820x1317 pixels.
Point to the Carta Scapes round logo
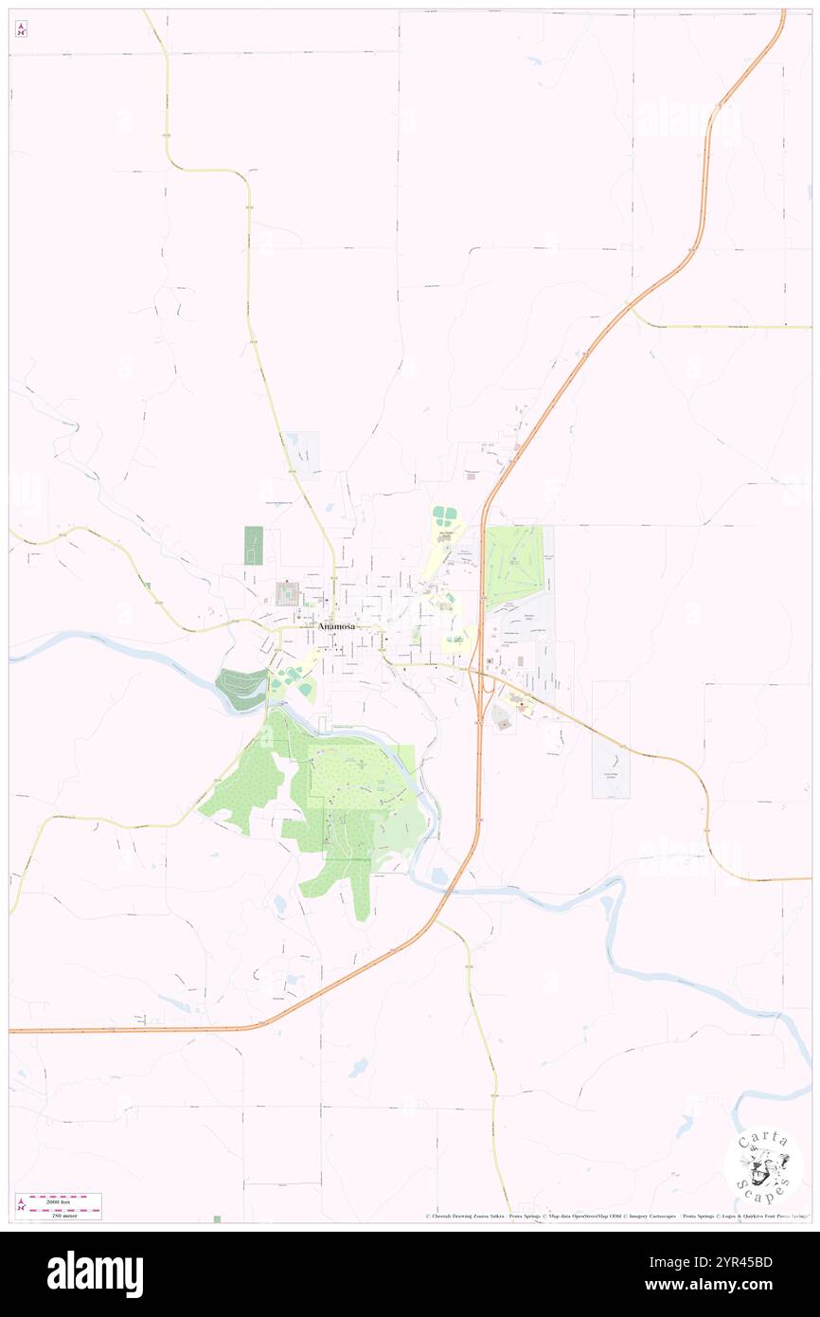pos(763,1164)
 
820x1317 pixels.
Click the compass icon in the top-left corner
pos(21,30)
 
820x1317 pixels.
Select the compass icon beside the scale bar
pos(22,1204)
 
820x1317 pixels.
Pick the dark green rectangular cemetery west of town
pos(254,546)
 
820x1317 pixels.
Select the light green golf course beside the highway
pos(514,566)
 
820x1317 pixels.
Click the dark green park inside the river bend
pos(242,687)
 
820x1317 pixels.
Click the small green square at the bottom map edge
pos(217,1218)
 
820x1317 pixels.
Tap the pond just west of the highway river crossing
pos(439,877)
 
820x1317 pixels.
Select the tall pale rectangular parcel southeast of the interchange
pos(611,739)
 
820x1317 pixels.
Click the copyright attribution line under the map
pos(615,1216)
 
